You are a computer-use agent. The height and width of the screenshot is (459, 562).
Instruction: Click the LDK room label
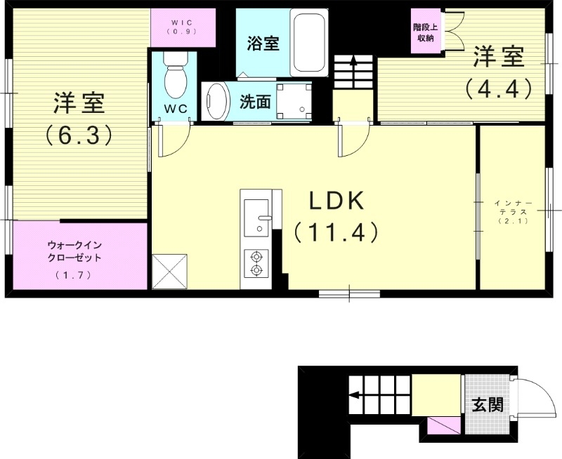336,201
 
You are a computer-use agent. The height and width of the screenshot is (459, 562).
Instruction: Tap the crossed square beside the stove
169,271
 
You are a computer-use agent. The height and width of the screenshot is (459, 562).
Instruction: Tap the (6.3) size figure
79,135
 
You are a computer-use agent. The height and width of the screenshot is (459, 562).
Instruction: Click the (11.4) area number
336,232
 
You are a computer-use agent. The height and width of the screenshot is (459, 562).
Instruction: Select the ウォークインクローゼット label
75,251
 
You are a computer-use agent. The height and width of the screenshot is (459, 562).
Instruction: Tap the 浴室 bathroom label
263,44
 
